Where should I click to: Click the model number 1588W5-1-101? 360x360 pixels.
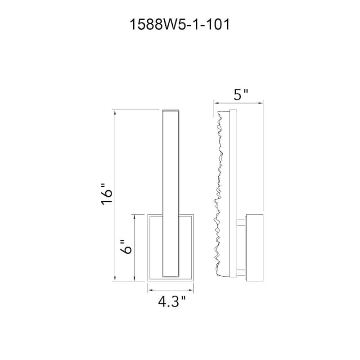[x=180, y=25]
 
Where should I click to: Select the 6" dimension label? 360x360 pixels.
[x=126, y=247]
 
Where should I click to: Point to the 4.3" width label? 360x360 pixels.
[x=172, y=301]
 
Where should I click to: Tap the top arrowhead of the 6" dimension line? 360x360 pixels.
[x=134, y=216]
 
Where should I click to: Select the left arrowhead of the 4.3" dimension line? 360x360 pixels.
[x=150, y=290]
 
